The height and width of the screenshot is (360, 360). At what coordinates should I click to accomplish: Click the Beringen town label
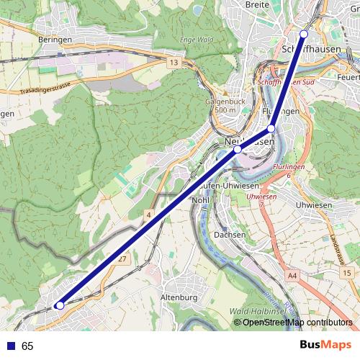[x=56, y=40]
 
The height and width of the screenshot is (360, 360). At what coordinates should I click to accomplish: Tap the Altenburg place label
[x=179, y=297]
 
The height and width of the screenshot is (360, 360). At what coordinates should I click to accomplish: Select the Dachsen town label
[x=230, y=235]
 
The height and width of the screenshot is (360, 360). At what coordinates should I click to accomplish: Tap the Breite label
[x=257, y=5]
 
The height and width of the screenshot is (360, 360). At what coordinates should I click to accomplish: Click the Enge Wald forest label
[x=197, y=40]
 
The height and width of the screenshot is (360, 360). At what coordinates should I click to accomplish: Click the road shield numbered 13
[x=174, y=63]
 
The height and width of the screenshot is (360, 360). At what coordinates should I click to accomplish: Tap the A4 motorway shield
[x=292, y=275]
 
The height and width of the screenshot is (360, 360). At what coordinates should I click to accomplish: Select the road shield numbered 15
[x=347, y=274]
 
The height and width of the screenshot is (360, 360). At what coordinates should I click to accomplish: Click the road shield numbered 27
[x=123, y=259]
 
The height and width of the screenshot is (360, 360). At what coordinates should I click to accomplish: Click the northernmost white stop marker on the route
[x=304, y=34]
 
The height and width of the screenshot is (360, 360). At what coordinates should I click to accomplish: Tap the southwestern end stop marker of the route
[x=60, y=306]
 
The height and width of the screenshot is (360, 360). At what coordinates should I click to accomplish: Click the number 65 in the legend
[x=27, y=346]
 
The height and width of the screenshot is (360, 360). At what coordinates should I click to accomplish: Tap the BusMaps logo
[x=325, y=345]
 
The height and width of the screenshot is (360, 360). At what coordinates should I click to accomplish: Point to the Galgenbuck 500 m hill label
[x=221, y=106]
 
